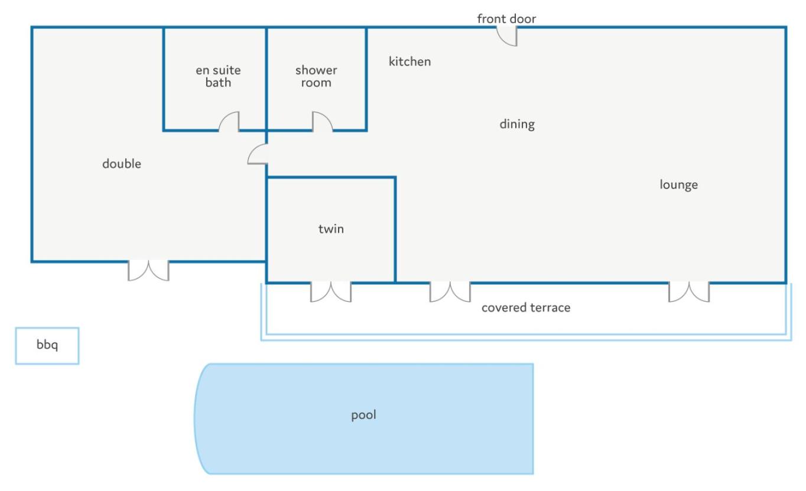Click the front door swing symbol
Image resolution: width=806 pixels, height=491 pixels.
click(x=508, y=37)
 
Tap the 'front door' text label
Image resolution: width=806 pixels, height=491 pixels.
click(x=506, y=19)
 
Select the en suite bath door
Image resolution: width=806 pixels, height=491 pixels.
click(x=229, y=122)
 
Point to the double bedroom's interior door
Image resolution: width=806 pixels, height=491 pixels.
click(x=258, y=154)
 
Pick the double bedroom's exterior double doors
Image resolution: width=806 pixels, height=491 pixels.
click(x=148, y=271)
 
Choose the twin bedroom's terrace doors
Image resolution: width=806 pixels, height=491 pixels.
click(x=331, y=292)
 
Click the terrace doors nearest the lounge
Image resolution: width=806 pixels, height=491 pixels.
click(x=689, y=292)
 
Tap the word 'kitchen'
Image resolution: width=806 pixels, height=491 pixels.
click(x=409, y=61)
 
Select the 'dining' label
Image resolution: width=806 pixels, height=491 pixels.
click(x=517, y=124)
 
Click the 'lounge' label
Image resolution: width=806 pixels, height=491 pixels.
click(x=678, y=184)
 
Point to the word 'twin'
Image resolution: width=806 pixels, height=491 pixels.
click(x=331, y=229)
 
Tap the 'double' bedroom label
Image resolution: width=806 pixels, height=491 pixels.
click(x=122, y=164)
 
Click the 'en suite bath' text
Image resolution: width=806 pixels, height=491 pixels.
click(x=218, y=76)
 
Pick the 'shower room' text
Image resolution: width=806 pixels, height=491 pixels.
click(x=316, y=76)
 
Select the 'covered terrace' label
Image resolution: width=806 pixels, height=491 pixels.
click(x=526, y=308)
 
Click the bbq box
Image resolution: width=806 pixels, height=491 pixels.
click(x=47, y=346)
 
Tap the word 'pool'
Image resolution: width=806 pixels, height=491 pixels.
click(x=363, y=415)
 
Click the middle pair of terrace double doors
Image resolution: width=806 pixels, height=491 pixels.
click(x=450, y=292)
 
